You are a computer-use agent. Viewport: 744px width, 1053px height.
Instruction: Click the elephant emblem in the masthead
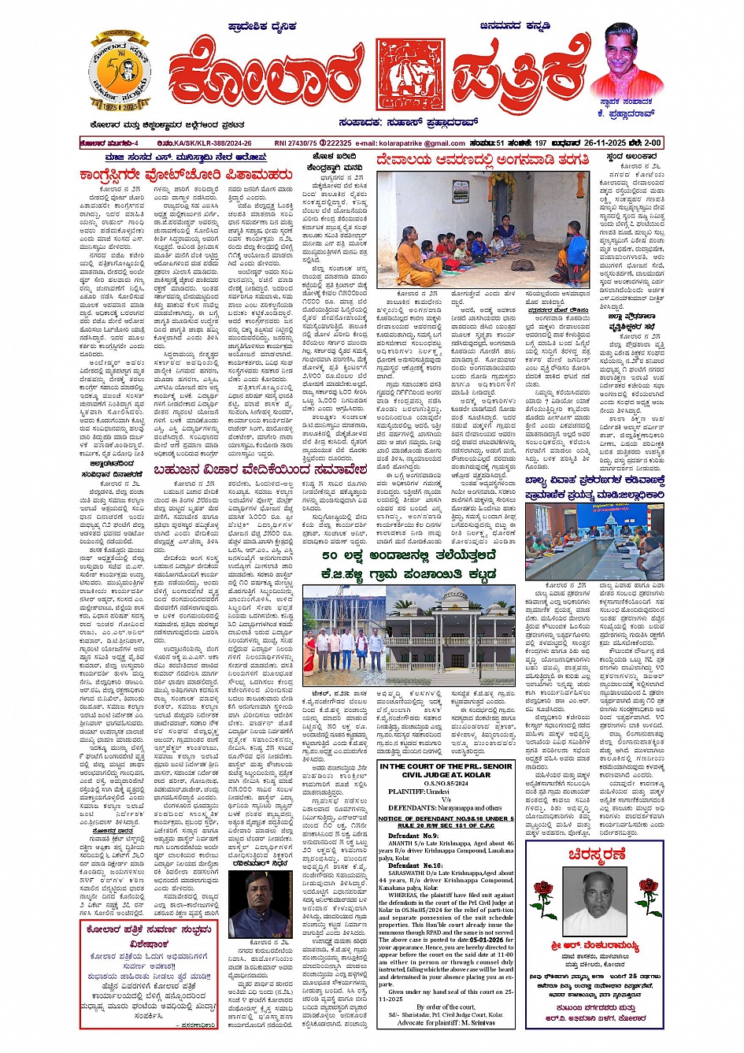(410, 75)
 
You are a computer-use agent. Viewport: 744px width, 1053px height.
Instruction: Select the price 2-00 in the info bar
(653, 143)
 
